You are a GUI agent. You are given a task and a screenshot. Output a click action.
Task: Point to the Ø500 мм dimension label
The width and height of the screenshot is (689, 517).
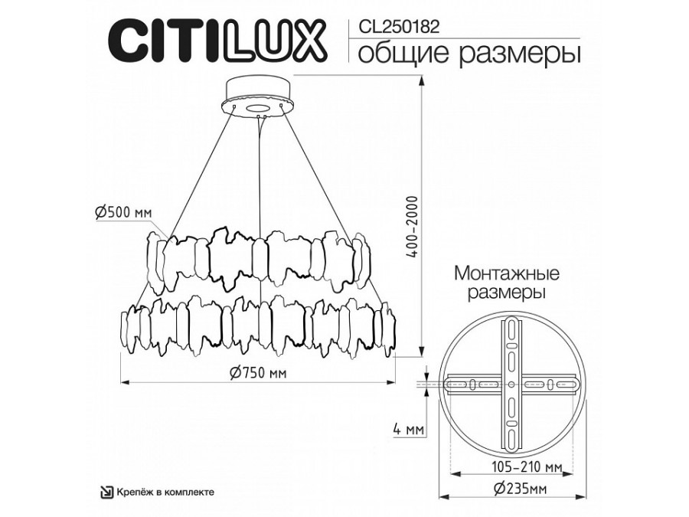click(122, 214)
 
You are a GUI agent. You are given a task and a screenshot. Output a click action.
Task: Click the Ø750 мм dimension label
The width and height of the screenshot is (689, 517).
click(258, 373)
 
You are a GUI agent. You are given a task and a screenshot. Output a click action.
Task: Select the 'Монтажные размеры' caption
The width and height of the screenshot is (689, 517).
click(507, 282)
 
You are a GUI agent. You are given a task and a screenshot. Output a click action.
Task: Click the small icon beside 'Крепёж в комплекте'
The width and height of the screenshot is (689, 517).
click(109, 492)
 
